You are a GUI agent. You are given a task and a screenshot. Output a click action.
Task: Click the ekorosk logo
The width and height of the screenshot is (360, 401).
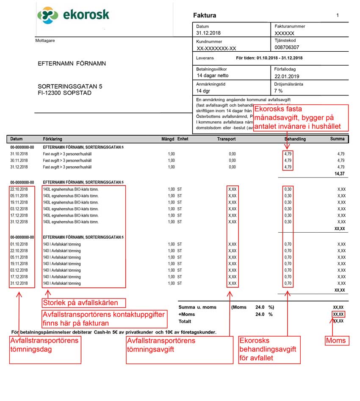(x=73, y=16)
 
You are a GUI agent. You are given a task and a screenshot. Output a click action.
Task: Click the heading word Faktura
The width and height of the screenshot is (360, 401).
(x=205, y=16)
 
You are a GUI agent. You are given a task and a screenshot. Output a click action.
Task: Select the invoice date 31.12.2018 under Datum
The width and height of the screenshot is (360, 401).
(x=208, y=33)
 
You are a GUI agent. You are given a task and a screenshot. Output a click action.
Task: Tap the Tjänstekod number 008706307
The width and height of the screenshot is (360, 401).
(x=287, y=47)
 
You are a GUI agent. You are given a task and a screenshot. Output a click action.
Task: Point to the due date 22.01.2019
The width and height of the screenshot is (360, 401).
(x=287, y=76)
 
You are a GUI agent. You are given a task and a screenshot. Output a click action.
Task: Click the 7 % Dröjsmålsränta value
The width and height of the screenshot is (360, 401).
(x=278, y=91)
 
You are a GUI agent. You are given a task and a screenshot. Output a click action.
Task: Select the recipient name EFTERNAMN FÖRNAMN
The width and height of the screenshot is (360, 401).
(x=72, y=64)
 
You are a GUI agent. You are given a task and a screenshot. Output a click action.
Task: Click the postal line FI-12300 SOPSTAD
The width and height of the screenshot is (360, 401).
(x=64, y=93)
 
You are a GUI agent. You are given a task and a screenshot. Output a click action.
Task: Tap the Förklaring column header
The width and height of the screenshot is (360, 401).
(x=53, y=139)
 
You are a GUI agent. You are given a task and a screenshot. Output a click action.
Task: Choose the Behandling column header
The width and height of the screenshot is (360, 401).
(x=295, y=139)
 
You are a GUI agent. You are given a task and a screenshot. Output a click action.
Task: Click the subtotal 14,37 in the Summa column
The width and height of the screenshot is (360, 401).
(x=339, y=174)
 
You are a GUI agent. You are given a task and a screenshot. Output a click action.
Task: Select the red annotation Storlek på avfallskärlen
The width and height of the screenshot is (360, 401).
(x=80, y=303)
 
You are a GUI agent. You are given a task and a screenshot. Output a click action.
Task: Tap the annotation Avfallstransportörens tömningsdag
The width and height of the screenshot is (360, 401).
(x=44, y=345)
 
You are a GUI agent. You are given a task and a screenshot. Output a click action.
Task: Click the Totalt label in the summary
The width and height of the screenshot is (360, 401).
(x=185, y=321)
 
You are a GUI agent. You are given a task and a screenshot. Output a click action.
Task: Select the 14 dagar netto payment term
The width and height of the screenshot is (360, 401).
(x=213, y=76)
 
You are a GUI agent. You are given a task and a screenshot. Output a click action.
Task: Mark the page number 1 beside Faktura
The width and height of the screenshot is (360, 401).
(x=338, y=15)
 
